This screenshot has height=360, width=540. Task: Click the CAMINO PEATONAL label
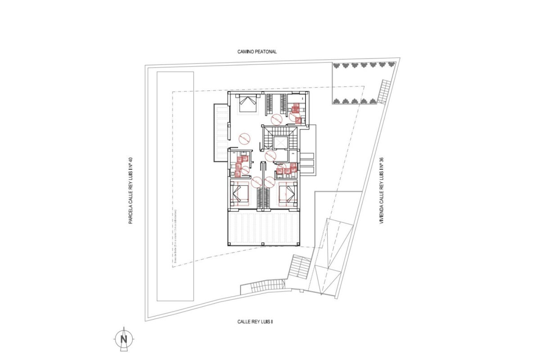257,52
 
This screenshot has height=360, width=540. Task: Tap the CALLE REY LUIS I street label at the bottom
255,322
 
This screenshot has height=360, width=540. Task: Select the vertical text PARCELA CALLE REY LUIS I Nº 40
130,190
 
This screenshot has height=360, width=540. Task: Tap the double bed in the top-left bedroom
247,103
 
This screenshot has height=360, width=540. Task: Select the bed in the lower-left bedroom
239,194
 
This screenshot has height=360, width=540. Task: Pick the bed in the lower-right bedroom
287,194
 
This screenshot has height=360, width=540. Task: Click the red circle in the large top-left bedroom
244,137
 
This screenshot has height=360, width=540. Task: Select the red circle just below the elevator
270,156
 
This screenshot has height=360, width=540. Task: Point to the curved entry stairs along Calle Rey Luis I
263,286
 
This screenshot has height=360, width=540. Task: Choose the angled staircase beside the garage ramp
299,268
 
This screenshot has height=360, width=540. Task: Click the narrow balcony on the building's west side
221,133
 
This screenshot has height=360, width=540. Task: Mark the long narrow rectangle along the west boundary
175,186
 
